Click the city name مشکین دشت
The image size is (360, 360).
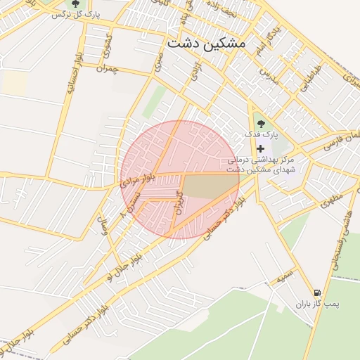207,43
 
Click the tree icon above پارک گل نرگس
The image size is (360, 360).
75,4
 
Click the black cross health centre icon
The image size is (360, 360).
261,148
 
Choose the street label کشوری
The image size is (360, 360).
107,45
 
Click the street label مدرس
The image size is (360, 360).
269,75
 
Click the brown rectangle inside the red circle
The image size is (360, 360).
210,186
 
